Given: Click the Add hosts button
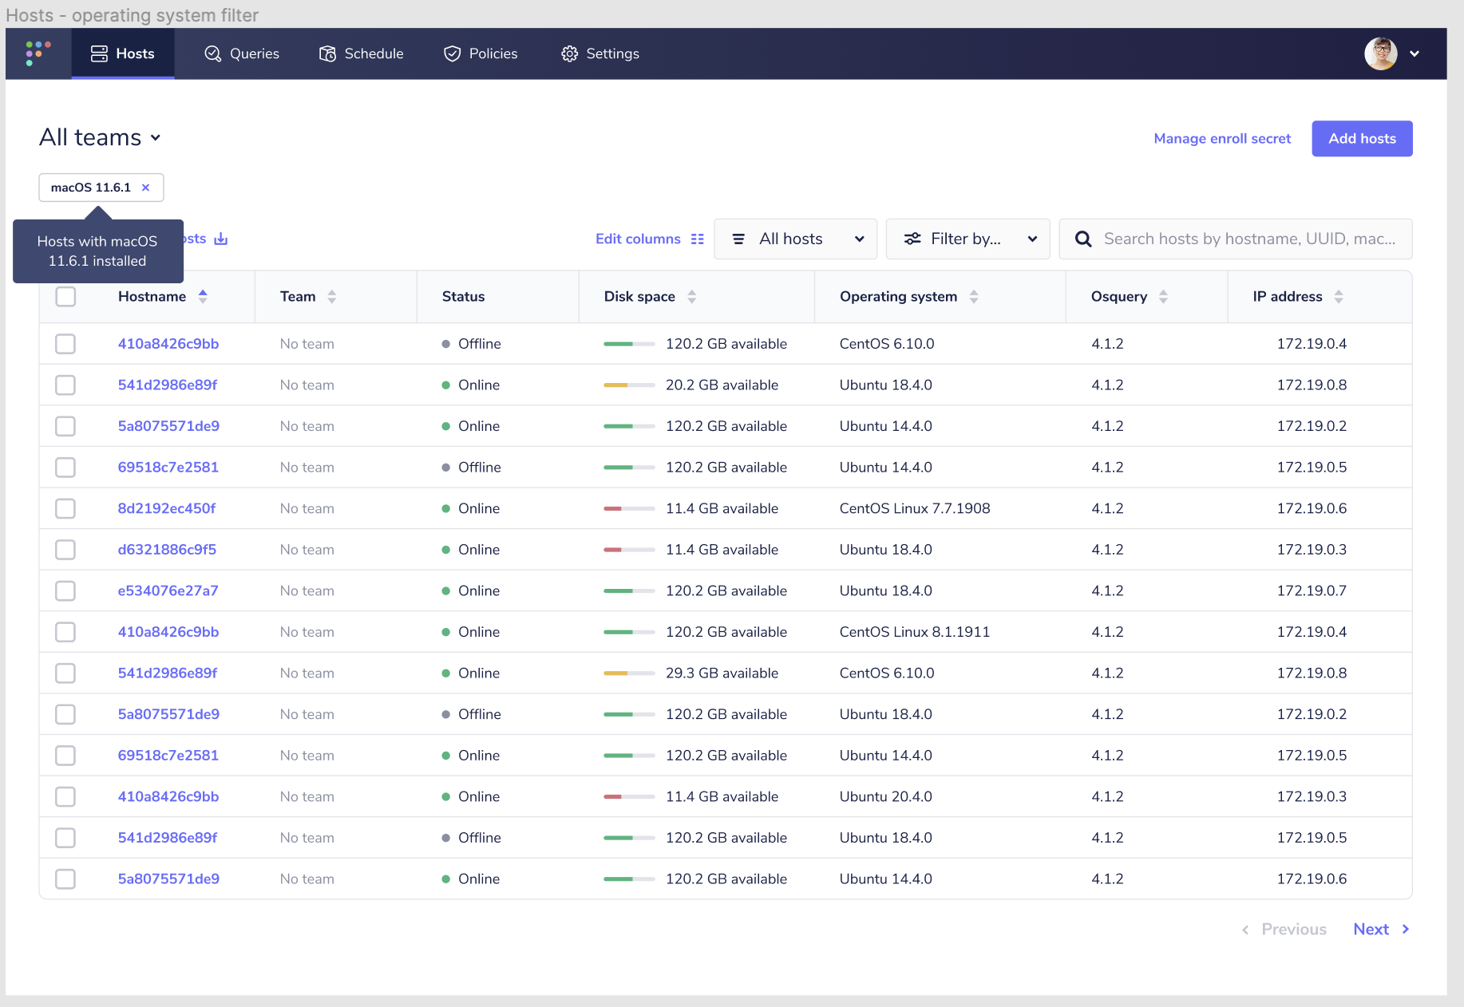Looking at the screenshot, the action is click(x=1362, y=139).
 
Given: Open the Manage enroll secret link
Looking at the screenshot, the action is click(x=1222, y=139).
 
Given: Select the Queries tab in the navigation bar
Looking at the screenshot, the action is click(x=242, y=53).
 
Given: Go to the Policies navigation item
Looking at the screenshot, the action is click(x=481, y=53).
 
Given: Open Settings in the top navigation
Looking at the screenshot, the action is click(x=600, y=53).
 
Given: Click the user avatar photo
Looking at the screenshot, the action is click(x=1380, y=53).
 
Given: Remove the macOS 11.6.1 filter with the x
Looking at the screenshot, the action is click(x=145, y=188).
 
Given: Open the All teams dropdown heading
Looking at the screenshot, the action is click(x=100, y=137).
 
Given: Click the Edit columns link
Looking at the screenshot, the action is click(x=649, y=239).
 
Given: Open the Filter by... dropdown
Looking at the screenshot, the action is click(x=967, y=239).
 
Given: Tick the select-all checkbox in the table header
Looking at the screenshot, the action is click(x=65, y=297).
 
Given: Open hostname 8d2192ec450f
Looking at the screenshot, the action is click(x=167, y=508).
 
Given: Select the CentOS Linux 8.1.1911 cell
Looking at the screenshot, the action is click(x=915, y=632).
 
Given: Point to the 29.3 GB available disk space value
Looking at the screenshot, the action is click(x=722, y=673).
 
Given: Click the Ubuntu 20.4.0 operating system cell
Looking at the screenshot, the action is click(x=886, y=796).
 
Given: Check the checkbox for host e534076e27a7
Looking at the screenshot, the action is click(x=65, y=591).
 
